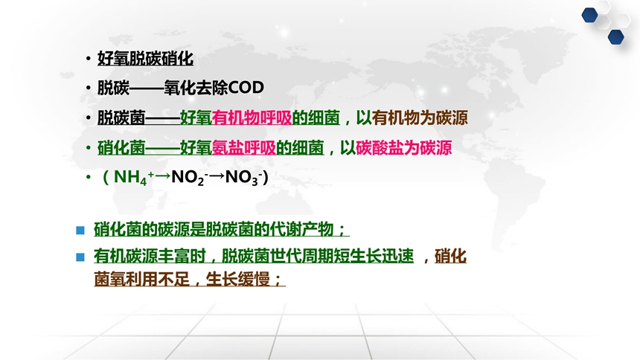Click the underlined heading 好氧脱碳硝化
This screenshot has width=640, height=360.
tap(145, 59)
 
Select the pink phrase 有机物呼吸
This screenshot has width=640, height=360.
tap(252, 118)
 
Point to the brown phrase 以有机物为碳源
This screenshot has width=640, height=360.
tap(412, 118)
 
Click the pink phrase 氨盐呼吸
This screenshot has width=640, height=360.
tap(243, 148)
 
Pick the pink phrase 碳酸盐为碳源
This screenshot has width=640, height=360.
tap(403, 148)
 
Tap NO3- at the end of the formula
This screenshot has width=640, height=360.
tap(243, 178)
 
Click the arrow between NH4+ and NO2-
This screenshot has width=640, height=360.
tap(163, 176)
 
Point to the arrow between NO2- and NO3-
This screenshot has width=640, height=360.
tap(217, 176)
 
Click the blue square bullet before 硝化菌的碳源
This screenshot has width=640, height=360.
tap(80, 230)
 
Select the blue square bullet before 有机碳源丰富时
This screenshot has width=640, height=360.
tap(80, 257)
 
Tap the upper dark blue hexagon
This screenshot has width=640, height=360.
tap(590, 16)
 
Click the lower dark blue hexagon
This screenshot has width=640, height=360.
tap(616, 37)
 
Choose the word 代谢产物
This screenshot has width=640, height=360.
tap(301, 229)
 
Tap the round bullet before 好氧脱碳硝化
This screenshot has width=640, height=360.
tap(88, 59)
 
